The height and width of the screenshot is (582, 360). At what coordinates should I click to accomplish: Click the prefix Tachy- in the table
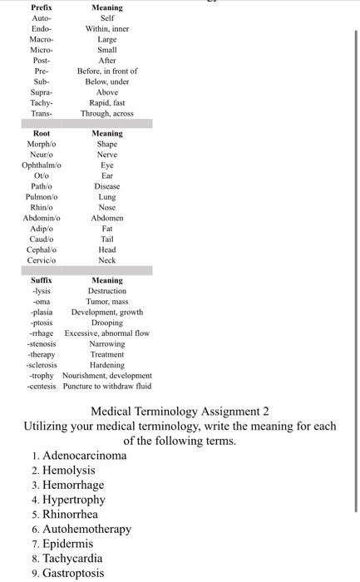tap(41, 102)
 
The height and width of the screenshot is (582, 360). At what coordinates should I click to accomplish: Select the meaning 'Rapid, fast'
tap(106, 102)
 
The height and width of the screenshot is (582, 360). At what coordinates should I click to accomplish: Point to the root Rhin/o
tap(41, 207)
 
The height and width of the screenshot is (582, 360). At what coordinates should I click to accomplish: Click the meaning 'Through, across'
tap(106, 113)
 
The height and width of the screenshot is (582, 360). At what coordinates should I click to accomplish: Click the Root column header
tap(41, 133)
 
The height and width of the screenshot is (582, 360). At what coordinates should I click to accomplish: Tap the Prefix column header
tap(41, 7)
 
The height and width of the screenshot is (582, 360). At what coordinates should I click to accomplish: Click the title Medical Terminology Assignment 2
tap(180, 412)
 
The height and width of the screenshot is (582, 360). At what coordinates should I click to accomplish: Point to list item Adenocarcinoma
tap(85, 456)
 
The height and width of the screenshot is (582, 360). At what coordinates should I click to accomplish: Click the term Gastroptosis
tap(74, 573)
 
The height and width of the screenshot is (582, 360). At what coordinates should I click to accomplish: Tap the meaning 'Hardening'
tap(106, 364)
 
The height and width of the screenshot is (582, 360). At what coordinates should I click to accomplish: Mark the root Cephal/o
tap(41, 249)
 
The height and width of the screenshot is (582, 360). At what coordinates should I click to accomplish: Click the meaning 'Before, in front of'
tap(106, 71)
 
